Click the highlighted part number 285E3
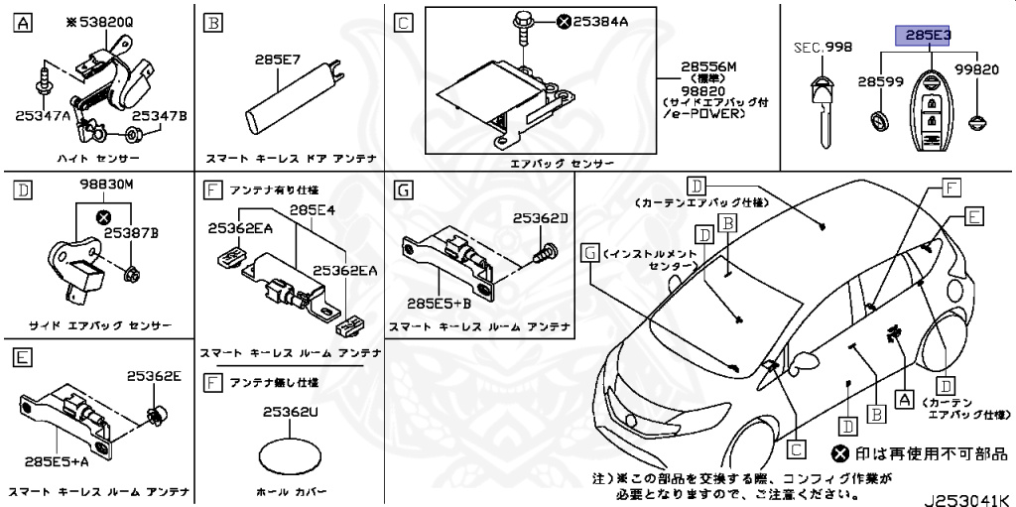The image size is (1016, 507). point(924,36)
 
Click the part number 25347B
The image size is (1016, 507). point(160,116)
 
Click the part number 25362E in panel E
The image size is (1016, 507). point(154,376)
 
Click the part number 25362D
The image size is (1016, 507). point(540,217)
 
